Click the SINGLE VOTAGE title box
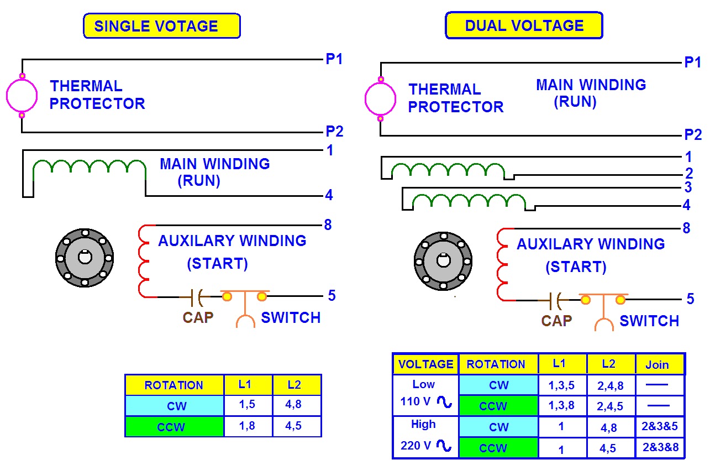[162, 25]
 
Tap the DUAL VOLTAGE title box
[524, 25]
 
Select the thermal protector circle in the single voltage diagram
[22, 96]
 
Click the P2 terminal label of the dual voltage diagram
[693, 135]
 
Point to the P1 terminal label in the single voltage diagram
[334, 59]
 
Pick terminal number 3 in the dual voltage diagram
[688, 187]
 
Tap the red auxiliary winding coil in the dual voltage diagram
[502, 264]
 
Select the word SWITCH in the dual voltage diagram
[649, 321]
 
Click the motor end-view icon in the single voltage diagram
[85, 258]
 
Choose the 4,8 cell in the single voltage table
[293, 404]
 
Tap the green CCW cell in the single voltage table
[175, 427]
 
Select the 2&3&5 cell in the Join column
[660, 426]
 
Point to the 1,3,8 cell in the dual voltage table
[561, 405]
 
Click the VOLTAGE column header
[425, 364]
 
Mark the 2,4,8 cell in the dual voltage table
[611, 386]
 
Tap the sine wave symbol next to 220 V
[444, 445]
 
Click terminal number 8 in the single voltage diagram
[328, 225]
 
